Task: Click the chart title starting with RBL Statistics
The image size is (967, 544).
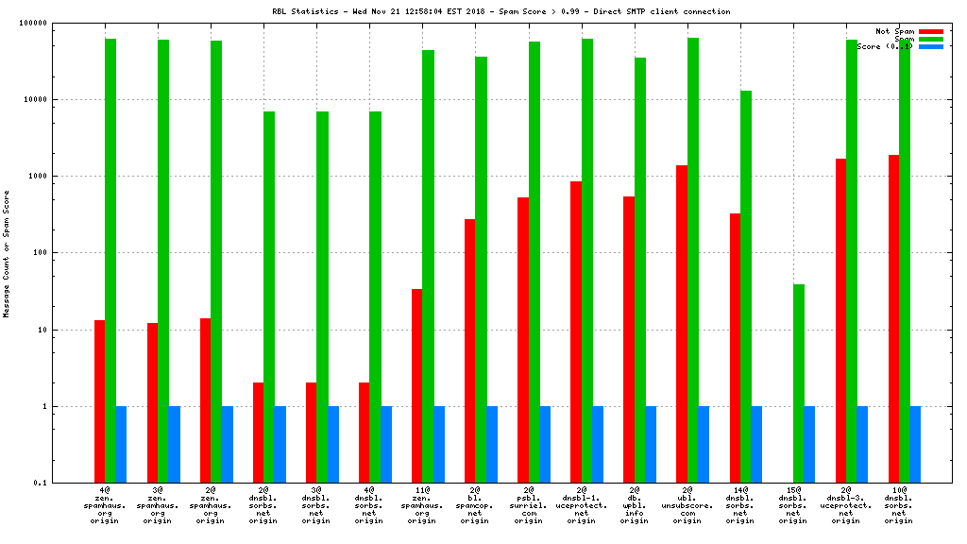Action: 501,11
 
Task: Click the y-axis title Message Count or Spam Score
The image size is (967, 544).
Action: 7,253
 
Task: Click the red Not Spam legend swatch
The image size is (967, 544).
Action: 930,31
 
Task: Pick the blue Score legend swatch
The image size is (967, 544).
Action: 930,46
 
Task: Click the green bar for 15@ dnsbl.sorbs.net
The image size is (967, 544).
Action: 799,383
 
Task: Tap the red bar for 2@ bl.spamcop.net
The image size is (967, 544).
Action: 469,350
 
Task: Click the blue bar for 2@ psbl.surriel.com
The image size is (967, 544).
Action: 545,445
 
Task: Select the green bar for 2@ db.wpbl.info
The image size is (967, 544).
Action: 640,270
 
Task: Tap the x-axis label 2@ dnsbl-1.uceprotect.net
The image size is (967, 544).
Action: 582,505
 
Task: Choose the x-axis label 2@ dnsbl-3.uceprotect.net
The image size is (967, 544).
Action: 846,505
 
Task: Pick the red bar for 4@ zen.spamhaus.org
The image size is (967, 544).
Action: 99,401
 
